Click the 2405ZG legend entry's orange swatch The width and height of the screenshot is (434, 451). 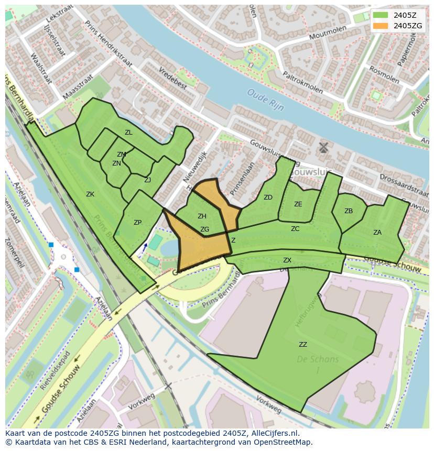tap(381, 26)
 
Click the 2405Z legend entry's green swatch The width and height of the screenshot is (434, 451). tap(381, 15)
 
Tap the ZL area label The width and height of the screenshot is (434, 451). tap(128, 133)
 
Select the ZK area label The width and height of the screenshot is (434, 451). tap(90, 194)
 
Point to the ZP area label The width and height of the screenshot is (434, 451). tap(137, 223)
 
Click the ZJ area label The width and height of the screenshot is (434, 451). tap(147, 180)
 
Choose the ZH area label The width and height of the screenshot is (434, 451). tap(202, 216)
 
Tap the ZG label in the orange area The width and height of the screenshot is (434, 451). tap(204, 229)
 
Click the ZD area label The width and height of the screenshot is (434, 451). tap(268, 197)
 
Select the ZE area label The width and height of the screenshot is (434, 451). tap(298, 204)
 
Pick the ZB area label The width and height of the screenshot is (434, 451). tap(349, 211)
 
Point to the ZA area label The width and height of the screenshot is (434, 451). tap(377, 233)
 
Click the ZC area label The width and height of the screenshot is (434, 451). tap(295, 229)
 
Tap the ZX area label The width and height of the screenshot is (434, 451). tap(287, 260)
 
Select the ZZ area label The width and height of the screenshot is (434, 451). tap(303, 344)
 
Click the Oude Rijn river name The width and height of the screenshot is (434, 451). tap(265, 100)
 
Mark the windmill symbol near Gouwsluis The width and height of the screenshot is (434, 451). tap(323, 147)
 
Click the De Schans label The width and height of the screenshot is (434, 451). tap(317, 360)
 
